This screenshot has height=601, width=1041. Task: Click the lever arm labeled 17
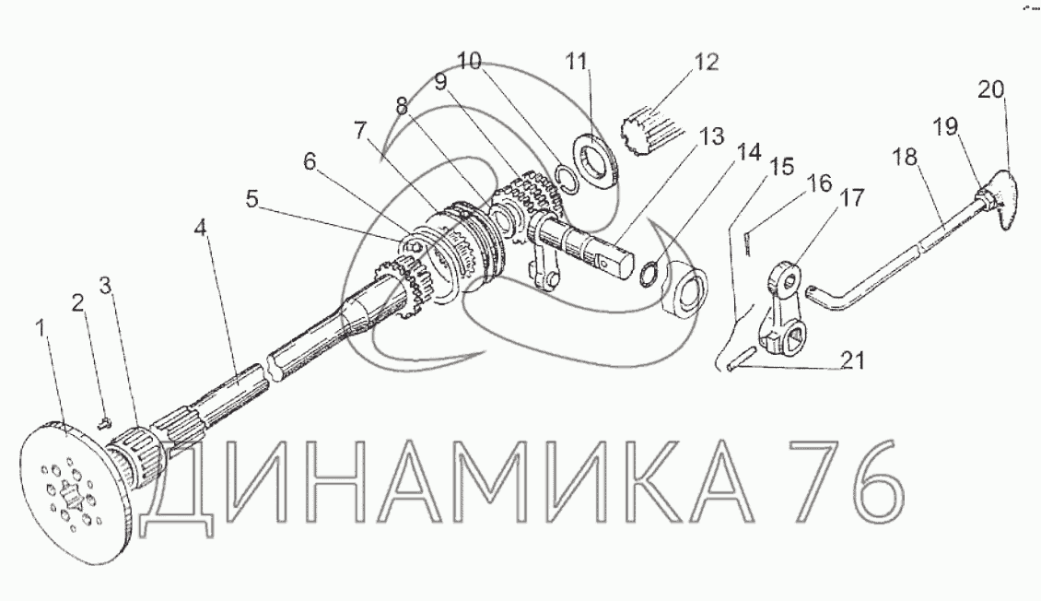[782, 313]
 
